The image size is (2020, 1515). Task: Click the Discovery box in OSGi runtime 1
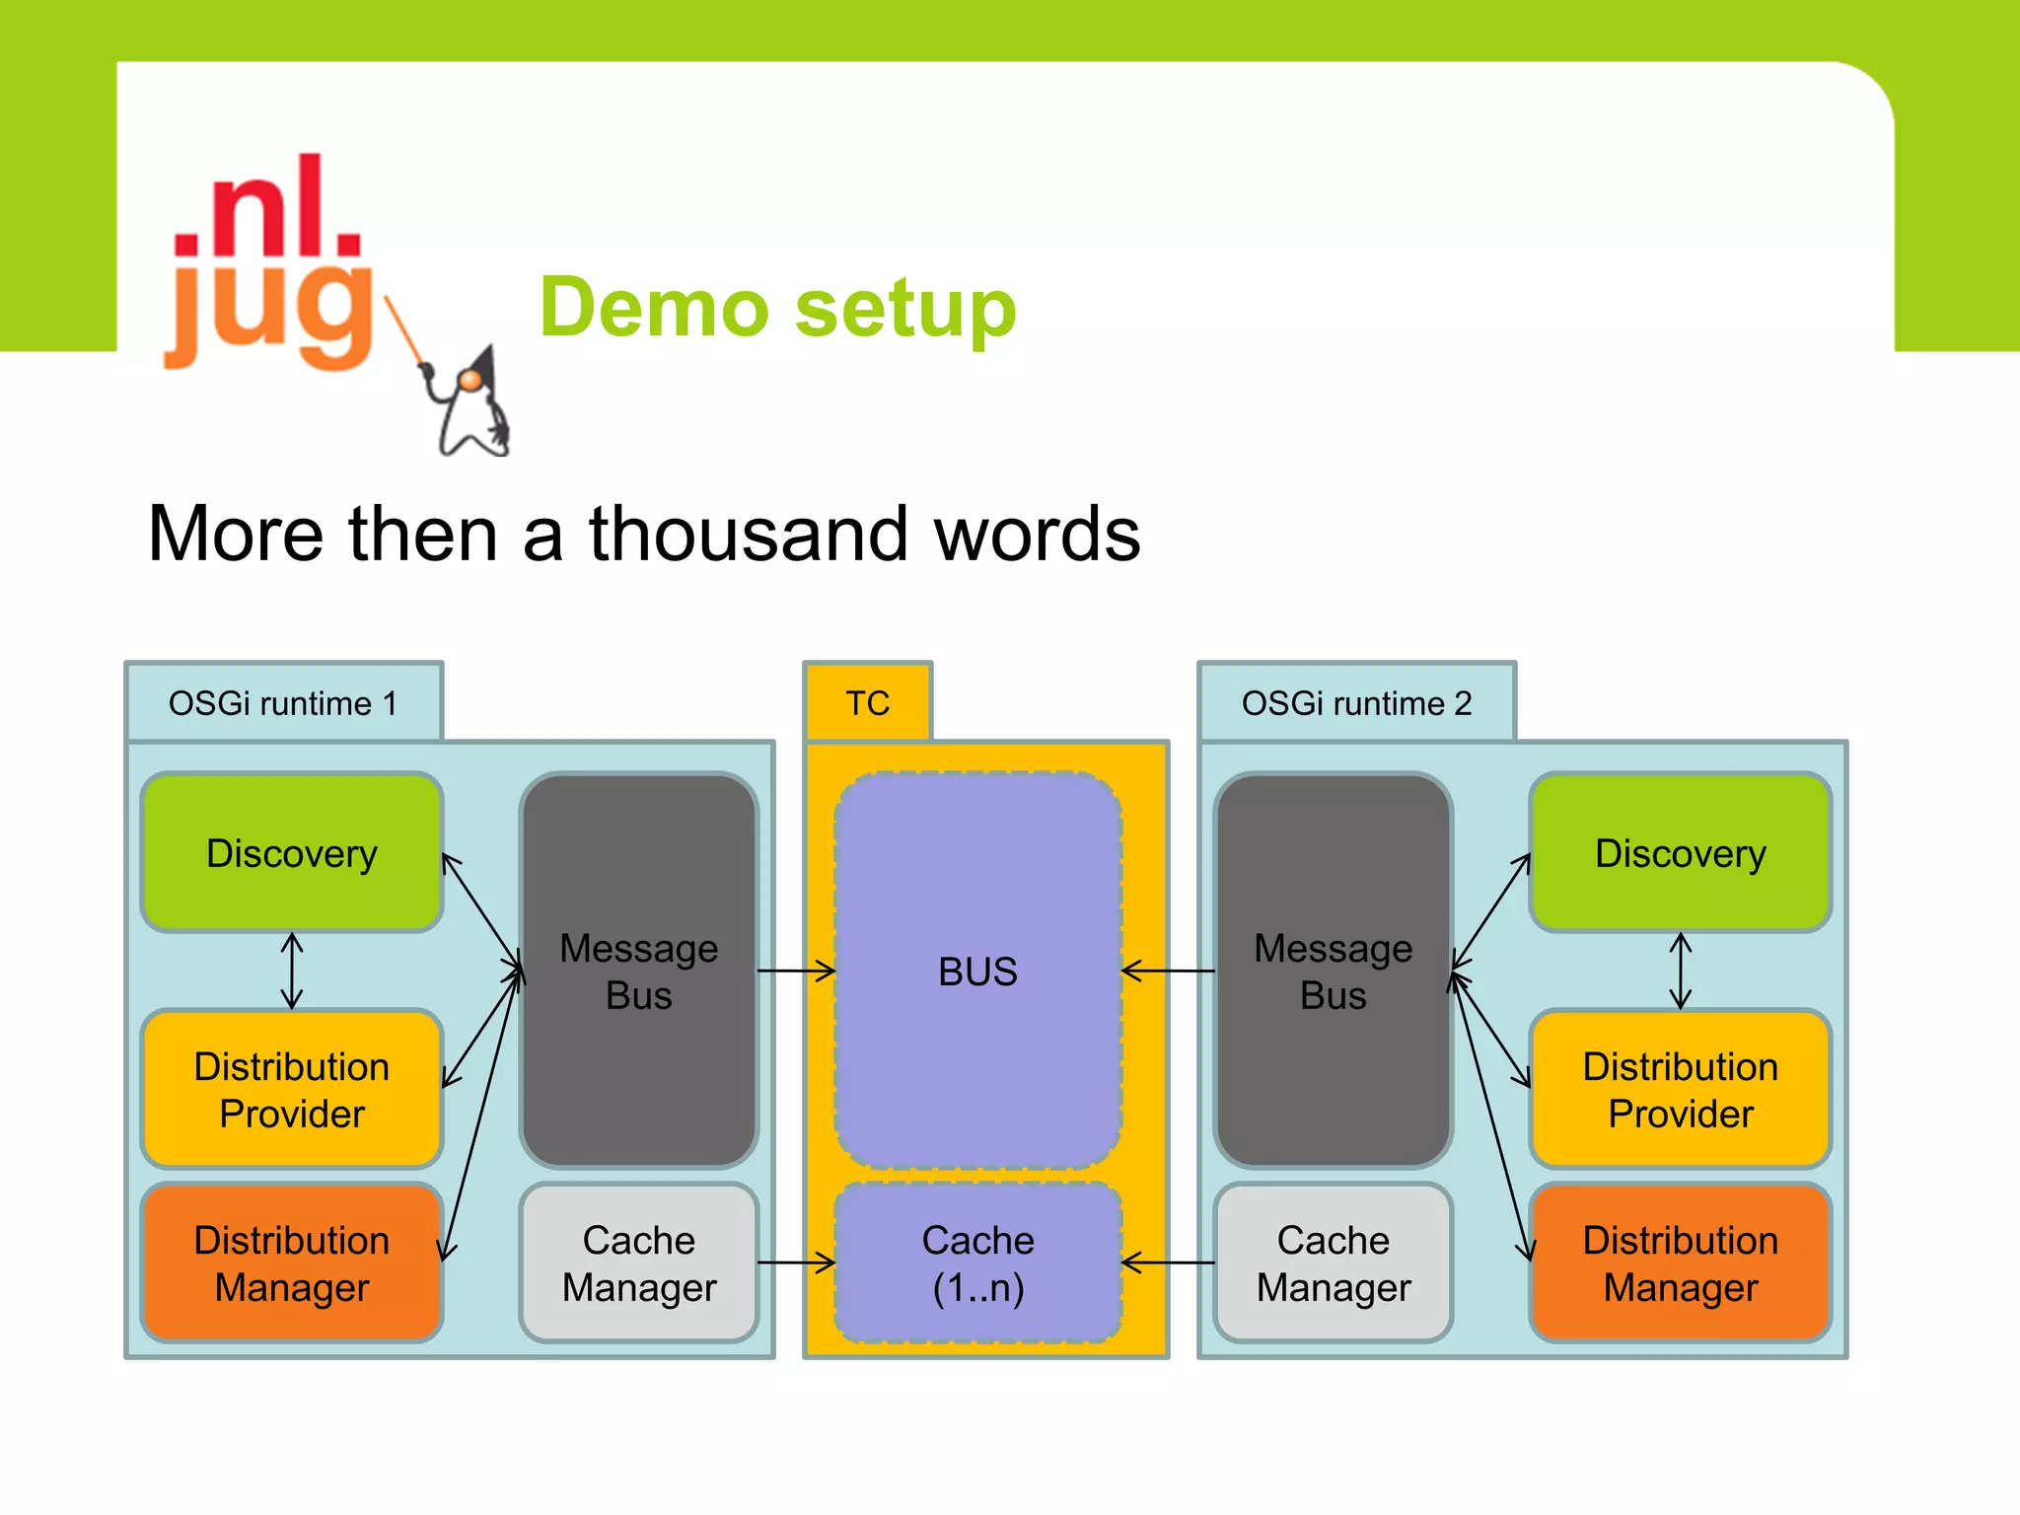coord(292,852)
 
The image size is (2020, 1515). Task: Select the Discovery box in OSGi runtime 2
coord(1680,852)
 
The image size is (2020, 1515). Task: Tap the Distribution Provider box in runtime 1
coord(292,1089)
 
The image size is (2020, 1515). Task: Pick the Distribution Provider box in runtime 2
coord(1680,1089)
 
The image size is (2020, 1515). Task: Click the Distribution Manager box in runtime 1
coord(292,1262)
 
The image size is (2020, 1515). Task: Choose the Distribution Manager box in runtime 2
coord(1680,1262)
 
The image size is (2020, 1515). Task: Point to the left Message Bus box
coord(638,971)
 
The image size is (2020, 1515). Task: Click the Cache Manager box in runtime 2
coord(1333,1262)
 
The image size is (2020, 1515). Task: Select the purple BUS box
coord(977,971)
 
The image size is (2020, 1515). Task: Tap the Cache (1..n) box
coord(977,1262)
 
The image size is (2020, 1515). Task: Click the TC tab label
coord(867,702)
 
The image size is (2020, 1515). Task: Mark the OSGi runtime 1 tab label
coord(283,702)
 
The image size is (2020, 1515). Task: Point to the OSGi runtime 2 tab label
coord(1356,702)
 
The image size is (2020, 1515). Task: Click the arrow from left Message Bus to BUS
coord(796,972)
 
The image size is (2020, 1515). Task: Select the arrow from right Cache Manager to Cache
coord(1168,1262)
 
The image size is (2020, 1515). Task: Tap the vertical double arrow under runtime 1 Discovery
coord(292,971)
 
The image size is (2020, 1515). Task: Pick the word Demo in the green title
coord(653,308)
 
